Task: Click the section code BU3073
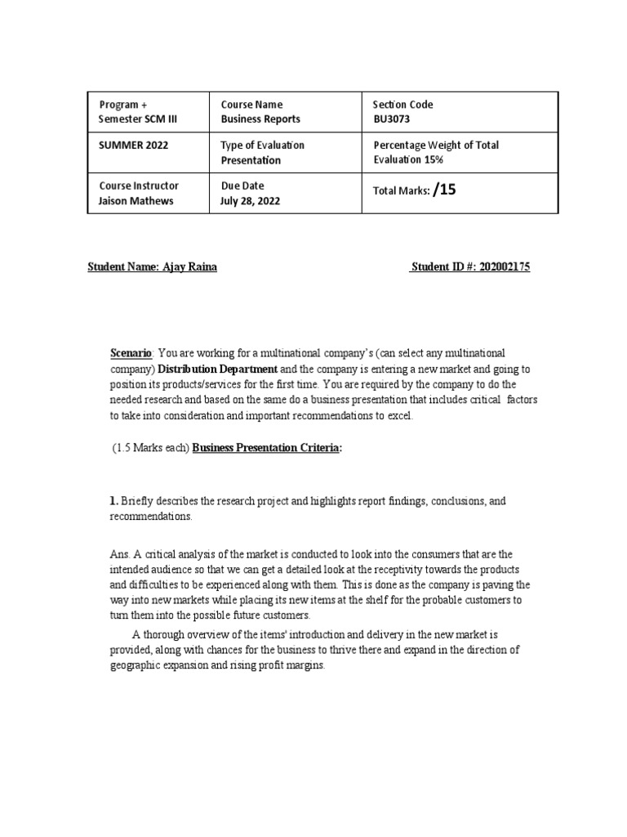389,119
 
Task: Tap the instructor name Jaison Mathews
136,201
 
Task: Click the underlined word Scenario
131,353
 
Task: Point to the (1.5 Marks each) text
149,450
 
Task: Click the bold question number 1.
114,500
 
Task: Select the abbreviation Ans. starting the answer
119,554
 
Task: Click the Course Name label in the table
251,105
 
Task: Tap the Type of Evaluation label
262,145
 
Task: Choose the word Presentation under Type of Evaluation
251,161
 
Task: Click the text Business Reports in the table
260,119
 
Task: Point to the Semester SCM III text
137,119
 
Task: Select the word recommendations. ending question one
151,517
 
